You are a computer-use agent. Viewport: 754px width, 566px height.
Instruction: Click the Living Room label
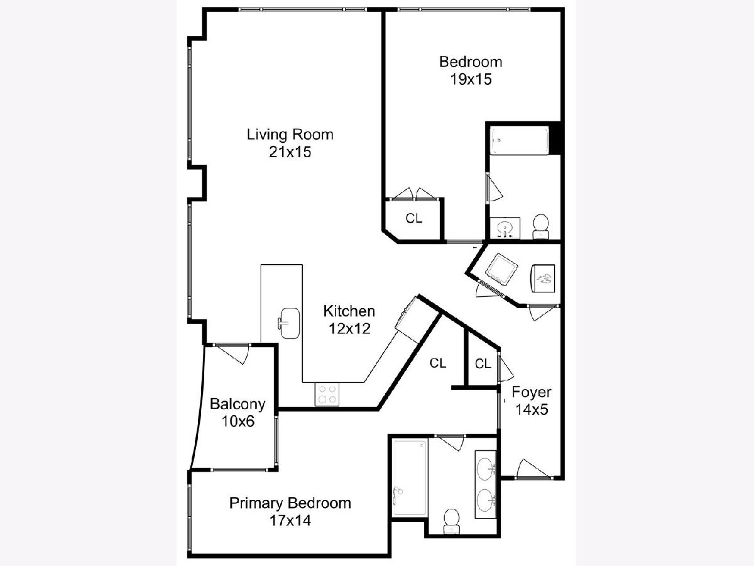click(290, 135)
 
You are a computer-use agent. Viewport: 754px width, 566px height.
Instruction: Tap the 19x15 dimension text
click(471, 79)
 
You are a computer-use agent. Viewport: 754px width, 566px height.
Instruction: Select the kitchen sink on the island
click(288, 323)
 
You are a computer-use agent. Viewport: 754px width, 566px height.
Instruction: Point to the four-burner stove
click(327, 394)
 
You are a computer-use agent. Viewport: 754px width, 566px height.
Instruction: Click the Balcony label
click(238, 404)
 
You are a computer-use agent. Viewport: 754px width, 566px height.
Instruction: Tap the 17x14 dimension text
click(290, 521)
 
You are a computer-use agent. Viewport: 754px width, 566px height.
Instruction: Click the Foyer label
click(532, 392)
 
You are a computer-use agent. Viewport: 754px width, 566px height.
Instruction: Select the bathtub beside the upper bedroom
click(520, 140)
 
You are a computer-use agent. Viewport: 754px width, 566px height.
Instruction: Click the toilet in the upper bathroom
click(541, 226)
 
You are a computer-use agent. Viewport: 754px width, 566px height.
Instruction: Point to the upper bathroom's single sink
click(505, 228)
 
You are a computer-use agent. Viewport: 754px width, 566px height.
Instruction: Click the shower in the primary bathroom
click(410, 479)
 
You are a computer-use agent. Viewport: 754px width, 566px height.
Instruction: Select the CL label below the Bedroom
click(413, 218)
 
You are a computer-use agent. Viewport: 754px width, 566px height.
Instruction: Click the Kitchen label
click(349, 311)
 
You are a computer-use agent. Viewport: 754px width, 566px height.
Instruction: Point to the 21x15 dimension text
click(290, 152)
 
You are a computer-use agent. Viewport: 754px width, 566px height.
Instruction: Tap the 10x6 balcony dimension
click(238, 421)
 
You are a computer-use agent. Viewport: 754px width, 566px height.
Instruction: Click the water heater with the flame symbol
click(543, 279)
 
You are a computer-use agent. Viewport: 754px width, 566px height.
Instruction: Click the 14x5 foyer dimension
click(532, 409)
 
